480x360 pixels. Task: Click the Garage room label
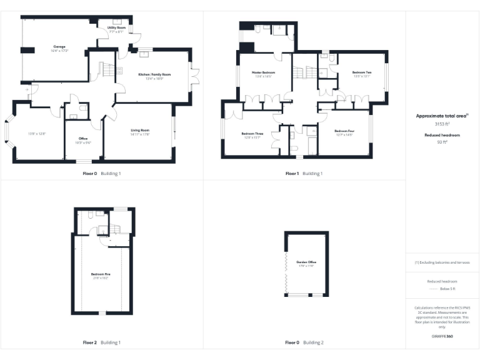tap(59, 46)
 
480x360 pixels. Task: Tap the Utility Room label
tap(116, 28)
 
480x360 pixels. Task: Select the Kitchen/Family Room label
tap(154, 74)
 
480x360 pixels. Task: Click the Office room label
tap(83, 138)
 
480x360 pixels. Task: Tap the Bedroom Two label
tap(362, 72)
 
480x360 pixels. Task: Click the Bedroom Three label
tap(252, 133)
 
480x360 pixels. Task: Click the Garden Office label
tap(306, 261)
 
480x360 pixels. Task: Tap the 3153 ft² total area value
tap(442, 124)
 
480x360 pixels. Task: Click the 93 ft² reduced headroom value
tap(442, 142)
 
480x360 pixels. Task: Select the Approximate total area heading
tap(442, 116)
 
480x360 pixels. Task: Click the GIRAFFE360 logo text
tap(442, 337)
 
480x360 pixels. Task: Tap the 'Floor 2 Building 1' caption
tap(102, 342)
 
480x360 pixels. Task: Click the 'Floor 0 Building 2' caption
tap(304, 342)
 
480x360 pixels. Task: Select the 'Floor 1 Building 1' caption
tap(304, 173)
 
